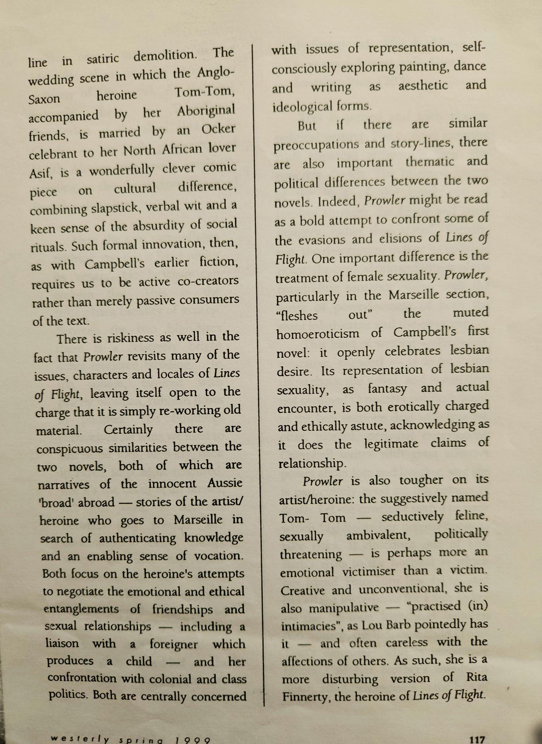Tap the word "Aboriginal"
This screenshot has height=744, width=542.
[x=206, y=111]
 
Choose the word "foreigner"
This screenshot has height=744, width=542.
[x=173, y=644]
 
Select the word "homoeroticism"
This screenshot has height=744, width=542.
[x=318, y=333]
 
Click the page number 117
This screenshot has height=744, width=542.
[x=477, y=739]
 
